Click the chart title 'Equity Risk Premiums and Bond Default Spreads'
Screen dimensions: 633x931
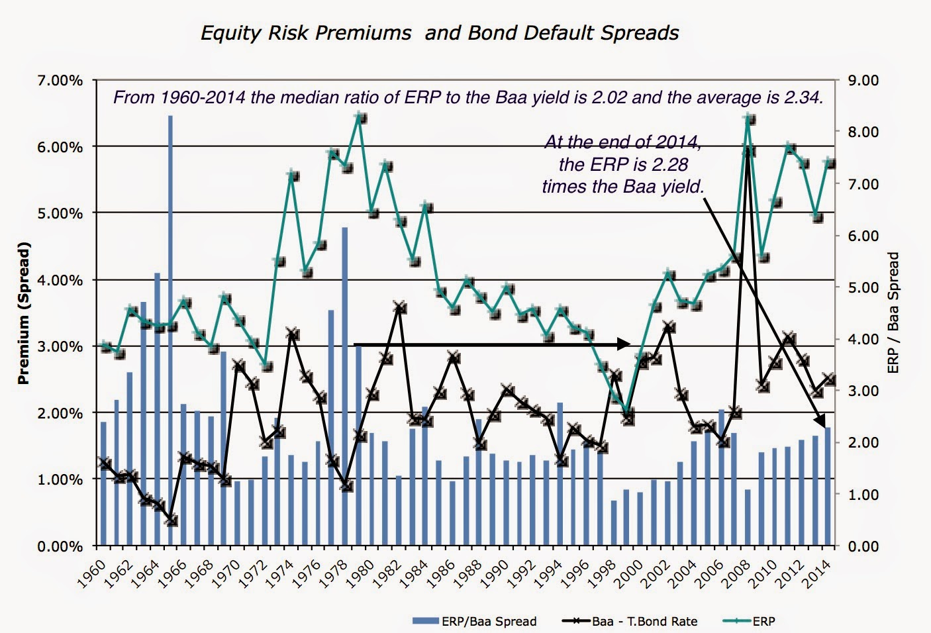click(440, 33)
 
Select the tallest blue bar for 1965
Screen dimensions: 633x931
click(170, 331)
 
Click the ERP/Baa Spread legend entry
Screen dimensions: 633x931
click(474, 621)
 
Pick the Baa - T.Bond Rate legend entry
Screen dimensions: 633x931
click(630, 621)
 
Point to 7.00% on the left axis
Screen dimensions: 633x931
click(60, 81)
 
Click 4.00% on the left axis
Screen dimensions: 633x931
click(60, 280)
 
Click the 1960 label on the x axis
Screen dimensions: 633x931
click(91, 573)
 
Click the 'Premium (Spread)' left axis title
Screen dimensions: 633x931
click(24, 313)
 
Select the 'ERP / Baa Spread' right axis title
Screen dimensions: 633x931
click(893, 313)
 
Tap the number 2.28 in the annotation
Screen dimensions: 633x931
click(670, 164)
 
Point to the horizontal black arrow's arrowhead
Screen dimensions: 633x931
click(624, 344)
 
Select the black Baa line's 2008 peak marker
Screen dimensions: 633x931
click(748, 150)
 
